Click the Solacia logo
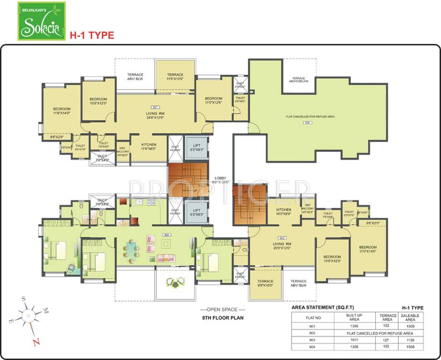pyautogui.click(x=41, y=21)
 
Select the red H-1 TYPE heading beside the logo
pyautogui.click(x=92, y=35)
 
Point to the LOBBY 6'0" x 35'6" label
pyautogui.click(x=220, y=180)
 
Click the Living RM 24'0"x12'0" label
pyautogui.click(x=155, y=115)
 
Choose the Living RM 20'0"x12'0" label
pyautogui.click(x=283, y=246)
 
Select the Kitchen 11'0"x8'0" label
pyautogui.click(x=149, y=146)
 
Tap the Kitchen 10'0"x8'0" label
pyautogui.click(x=284, y=211)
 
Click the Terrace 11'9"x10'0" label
pyautogui.click(x=175, y=77)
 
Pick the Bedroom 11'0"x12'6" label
pyautogui.click(x=213, y=100)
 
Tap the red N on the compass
pyautogui.click(x=35, y=342)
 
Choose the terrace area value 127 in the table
pyautogui.click(x=388, y=339)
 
